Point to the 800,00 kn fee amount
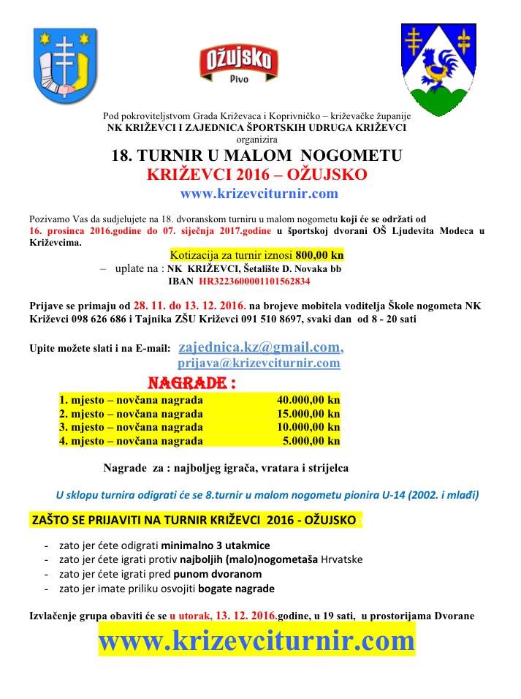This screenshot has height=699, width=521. pos(319,256)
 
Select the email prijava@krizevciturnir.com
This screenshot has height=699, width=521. pos(259,362)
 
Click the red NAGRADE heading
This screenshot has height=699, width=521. pos(192,382)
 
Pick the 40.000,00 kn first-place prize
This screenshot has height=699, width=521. pos(308,400)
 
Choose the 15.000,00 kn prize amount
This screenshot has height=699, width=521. pos(308,414)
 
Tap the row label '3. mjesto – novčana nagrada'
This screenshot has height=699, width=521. pos(131,427)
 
